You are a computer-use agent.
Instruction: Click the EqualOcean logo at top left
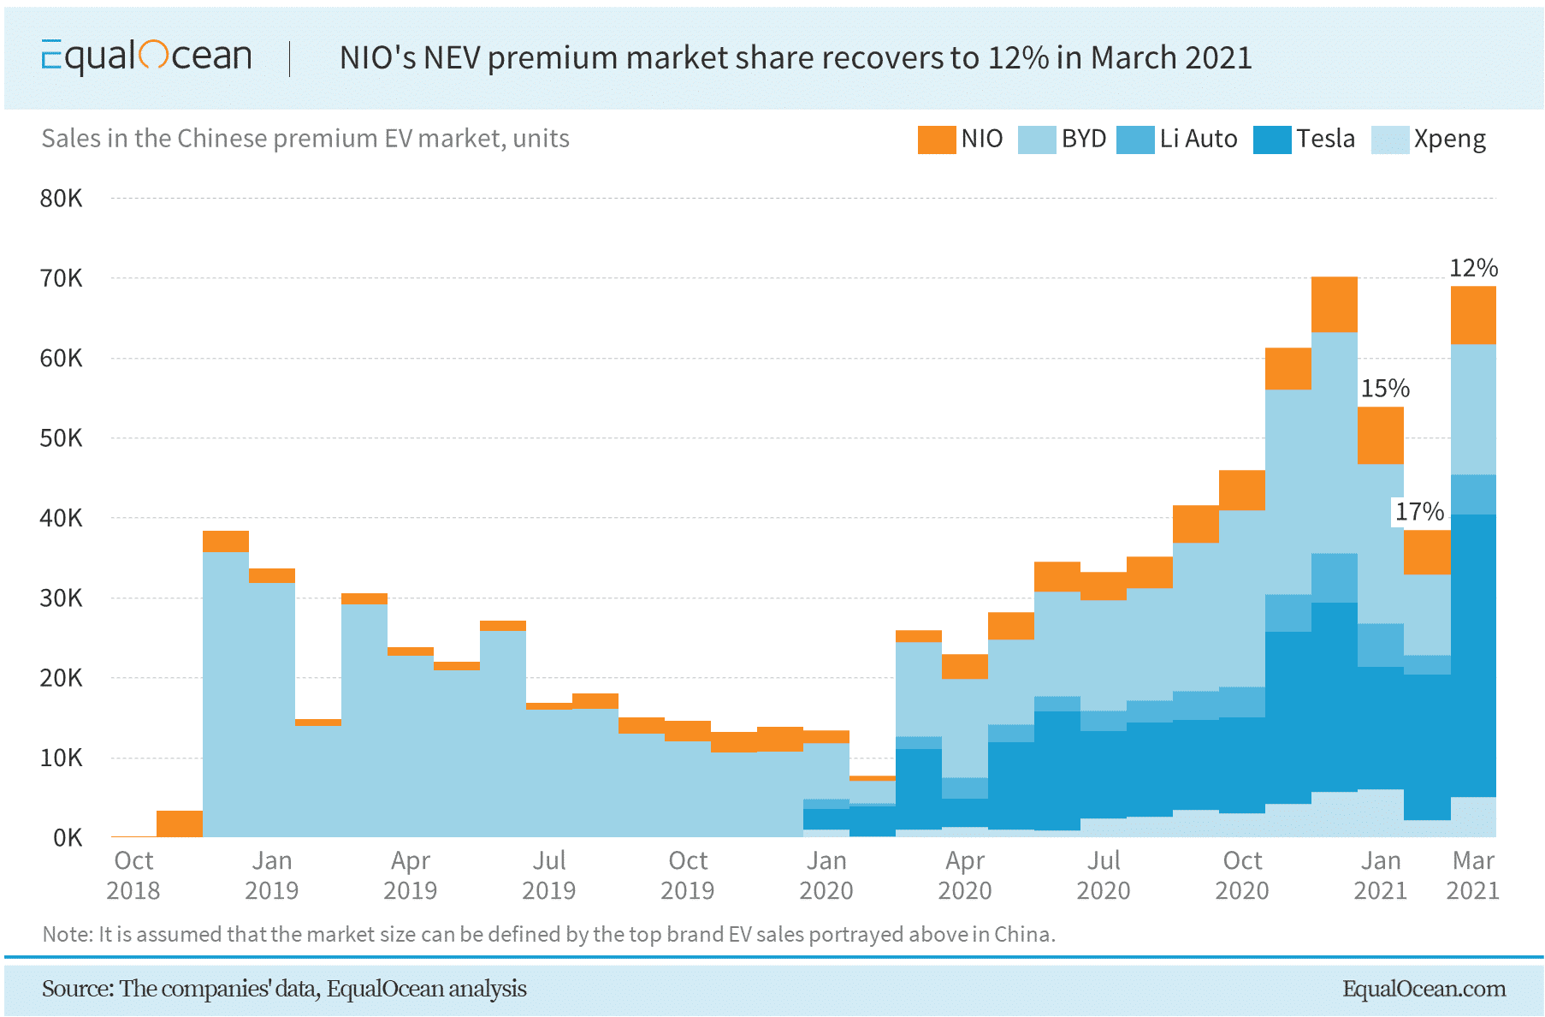coord(146,56)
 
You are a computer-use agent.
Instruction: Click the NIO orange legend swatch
coord(936,140)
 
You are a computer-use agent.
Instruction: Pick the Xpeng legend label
coord(1449,139)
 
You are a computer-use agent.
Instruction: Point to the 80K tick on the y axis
coord(61,199)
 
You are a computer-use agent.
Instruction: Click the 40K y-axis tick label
coord(61,518)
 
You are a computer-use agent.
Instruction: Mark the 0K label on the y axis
coord(67,837)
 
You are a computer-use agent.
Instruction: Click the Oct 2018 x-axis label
coord(133,875)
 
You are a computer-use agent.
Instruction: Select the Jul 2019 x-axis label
coord(548,875)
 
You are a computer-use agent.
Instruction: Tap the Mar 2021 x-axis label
coord(1472,875)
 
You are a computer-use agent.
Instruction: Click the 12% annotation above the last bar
coord(1473,268)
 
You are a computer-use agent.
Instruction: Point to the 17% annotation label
coord(1419,512)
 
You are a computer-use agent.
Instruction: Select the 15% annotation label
coord(1385,389)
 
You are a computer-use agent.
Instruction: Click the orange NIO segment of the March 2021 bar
coord(1473,315)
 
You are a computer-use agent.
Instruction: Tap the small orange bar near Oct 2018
coord(180,824)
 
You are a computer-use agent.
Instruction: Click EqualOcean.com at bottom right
coord(1424,989)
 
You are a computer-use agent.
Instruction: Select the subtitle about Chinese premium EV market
coord(305,139)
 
